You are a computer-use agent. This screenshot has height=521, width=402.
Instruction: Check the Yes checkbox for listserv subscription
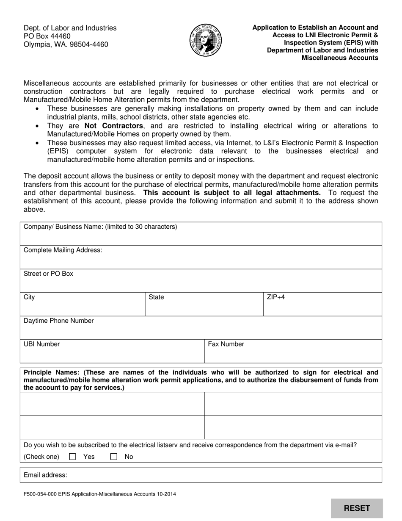click(72, 457)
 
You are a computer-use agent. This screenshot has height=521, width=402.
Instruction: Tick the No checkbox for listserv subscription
click(113, 457)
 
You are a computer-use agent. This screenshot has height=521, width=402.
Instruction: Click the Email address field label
click(45, 475)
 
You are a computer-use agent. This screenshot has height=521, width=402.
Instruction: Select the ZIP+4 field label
click(276, 297)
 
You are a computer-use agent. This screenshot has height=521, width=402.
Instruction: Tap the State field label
click(156, 297)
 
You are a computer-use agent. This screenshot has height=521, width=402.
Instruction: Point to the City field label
click(29, 297)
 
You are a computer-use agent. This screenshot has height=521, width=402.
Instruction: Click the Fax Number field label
click(226, 344)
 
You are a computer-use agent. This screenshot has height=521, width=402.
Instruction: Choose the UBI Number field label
click(41, 344)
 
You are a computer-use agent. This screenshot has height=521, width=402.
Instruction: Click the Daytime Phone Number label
click(58, 321)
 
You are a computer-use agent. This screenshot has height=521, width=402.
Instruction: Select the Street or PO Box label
click(48, 274)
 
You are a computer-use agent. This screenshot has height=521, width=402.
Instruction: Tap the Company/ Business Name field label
click(100, 227)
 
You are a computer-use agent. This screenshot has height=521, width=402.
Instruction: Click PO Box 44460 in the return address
click(47, 36)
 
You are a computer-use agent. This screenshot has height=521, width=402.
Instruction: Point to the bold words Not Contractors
click(114, 126)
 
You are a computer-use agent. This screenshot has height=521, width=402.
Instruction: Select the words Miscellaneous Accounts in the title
click(340, 58)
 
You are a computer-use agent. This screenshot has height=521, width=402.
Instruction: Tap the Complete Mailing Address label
click(63, 250)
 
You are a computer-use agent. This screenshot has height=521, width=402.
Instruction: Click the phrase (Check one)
click(41, 457)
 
